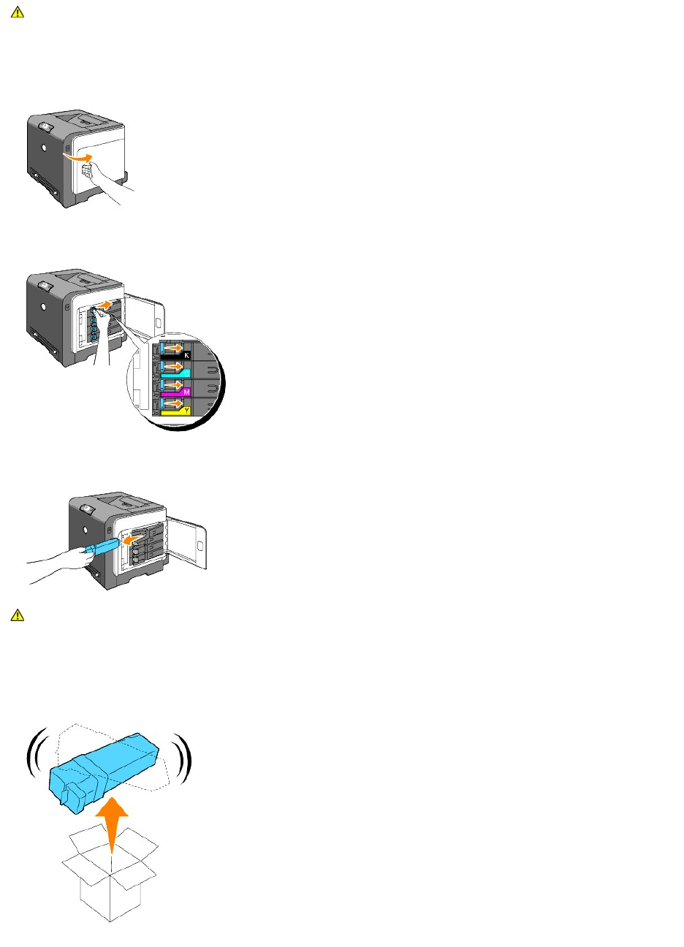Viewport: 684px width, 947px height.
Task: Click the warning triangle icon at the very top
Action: [x=18, y=12]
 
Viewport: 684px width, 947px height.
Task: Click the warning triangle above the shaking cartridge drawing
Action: [x=18, y=615]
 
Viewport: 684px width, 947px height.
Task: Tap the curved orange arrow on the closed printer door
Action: [x=77, y=155]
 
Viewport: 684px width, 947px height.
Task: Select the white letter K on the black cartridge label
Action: [x=186, y=355]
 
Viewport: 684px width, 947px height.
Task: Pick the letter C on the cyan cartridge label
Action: [x=186, y=373]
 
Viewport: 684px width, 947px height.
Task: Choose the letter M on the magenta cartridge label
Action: [x=186, y=392]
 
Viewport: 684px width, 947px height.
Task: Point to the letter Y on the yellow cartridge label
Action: [x=186, y=411]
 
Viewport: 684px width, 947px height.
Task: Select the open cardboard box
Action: [x=110, y=877]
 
